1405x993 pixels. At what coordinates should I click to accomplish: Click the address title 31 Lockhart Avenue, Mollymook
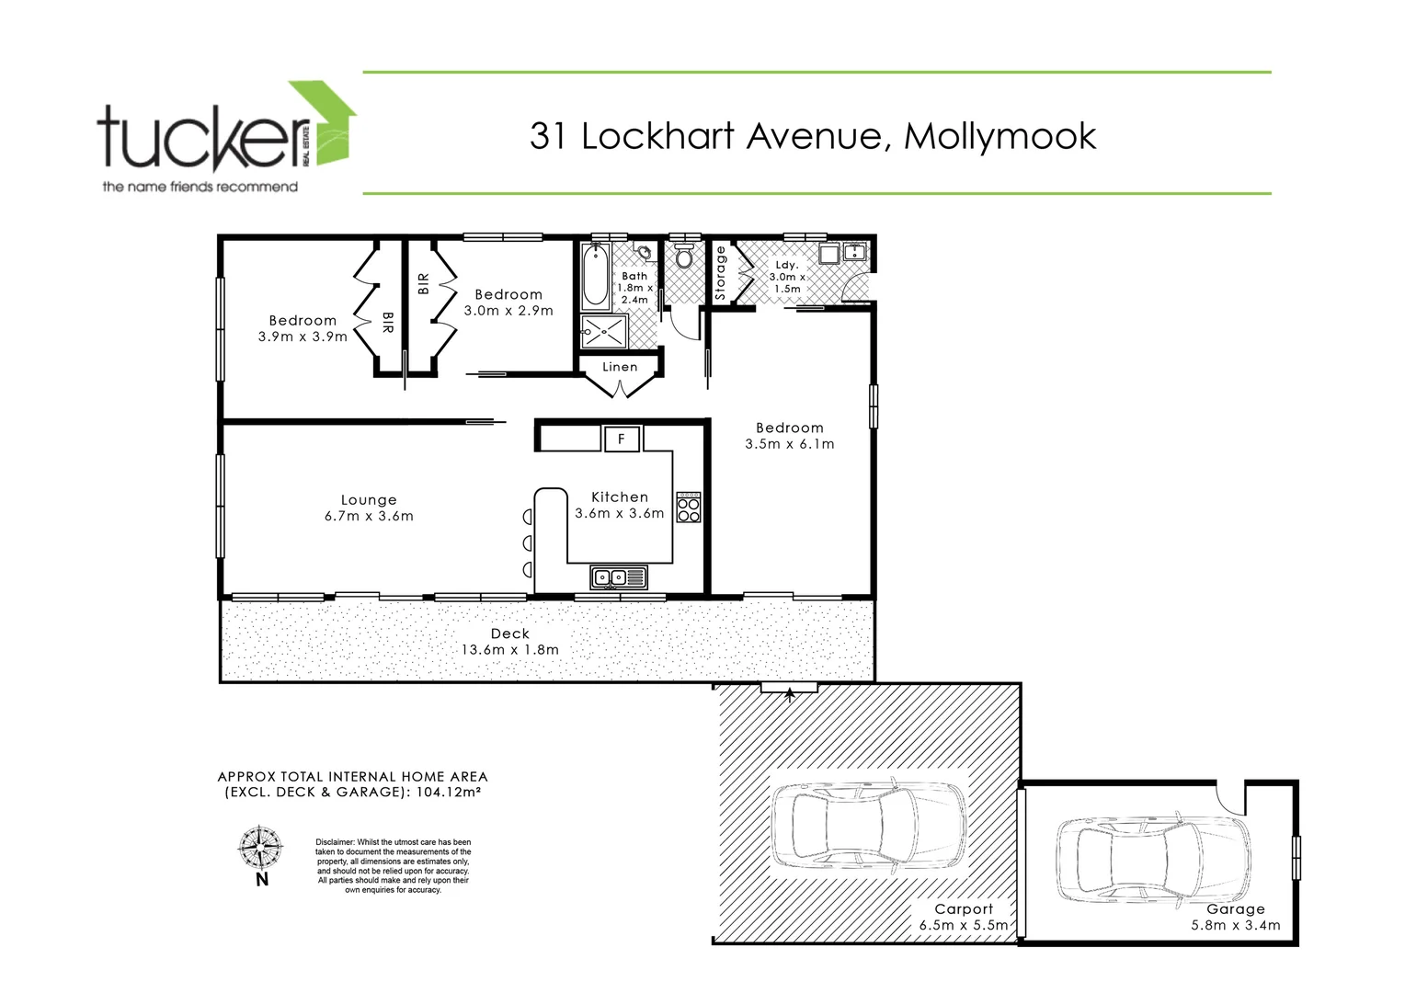[813, 136]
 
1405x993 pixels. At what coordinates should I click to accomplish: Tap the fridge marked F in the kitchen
[622, 439]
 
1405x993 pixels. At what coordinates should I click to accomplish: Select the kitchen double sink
[619, 577]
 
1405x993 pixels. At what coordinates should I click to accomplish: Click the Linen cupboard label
[620, 367]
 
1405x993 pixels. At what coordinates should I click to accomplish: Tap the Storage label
[721, 273]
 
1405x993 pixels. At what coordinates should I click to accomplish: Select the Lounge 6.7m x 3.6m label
[369, 508]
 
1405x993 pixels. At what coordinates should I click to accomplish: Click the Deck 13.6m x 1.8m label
[510, 641]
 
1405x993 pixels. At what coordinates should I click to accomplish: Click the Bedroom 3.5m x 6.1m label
[790, 435]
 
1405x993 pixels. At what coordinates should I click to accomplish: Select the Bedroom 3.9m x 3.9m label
[303, 328]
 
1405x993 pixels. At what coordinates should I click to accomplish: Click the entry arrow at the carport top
[789, 694]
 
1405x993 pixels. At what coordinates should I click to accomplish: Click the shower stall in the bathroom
[604, 332]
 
